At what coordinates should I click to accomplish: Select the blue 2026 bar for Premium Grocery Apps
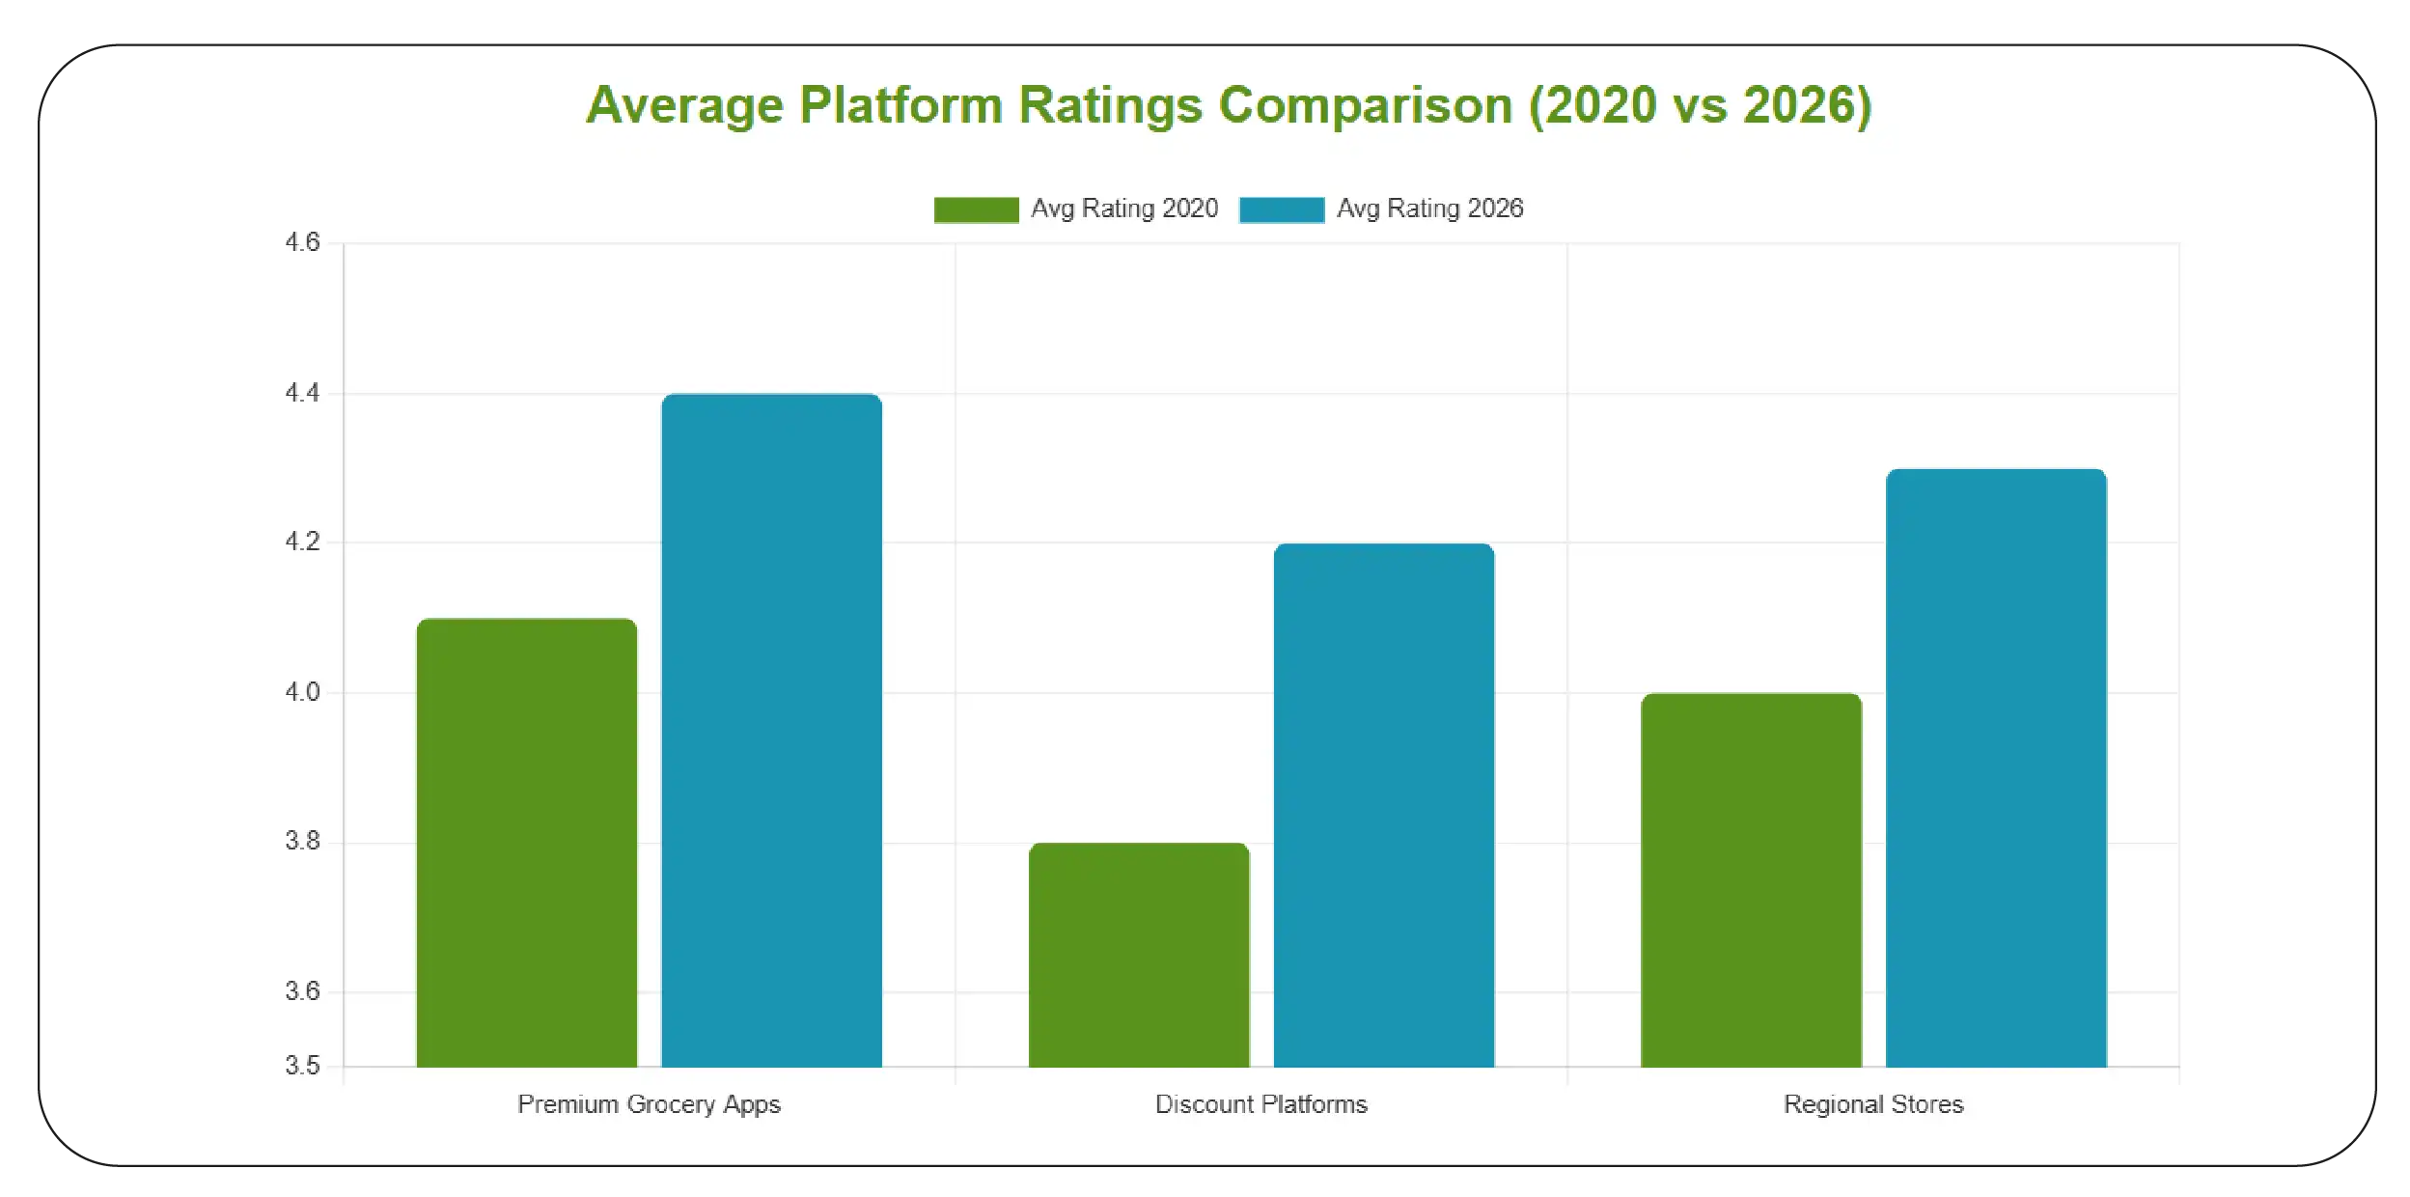click(771, 730)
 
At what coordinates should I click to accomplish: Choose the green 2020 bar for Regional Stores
click(1751, 879)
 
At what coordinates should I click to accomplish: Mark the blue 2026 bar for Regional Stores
click(1996, 767)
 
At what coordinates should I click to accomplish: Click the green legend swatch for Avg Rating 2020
click(976, 209)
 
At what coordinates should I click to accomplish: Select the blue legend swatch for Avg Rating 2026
click(1281, 209)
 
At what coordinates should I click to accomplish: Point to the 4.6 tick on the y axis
click(302, 242)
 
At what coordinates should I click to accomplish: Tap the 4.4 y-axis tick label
click(302, 393)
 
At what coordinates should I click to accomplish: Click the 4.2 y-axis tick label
click(302, 542)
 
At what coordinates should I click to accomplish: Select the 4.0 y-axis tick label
click(302, 692)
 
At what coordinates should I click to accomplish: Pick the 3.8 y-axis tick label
click(302, 842)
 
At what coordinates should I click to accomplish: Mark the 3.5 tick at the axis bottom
click(302, 1066)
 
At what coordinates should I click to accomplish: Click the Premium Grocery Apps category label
click(649, 1104)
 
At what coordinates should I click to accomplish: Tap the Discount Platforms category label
click(1260, 1104)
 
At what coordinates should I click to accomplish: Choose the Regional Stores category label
click(1872, 1104)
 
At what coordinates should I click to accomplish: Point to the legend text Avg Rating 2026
click(1429, 209)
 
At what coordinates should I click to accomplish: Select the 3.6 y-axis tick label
click(302, 991)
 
